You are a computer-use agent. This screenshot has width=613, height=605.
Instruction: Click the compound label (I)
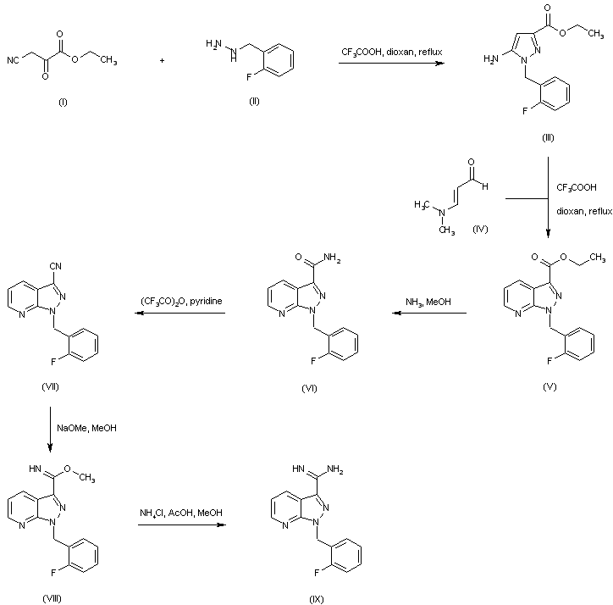pos(63,103)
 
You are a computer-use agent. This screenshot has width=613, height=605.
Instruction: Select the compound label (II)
pos(254,102)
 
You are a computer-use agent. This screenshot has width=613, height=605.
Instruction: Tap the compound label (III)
pos(548,138)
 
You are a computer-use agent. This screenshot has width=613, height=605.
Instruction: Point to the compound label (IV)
pos(480,229)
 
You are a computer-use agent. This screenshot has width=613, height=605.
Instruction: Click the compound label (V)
pos(549,387)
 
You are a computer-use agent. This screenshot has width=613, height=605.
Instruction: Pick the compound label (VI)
pos(309,389)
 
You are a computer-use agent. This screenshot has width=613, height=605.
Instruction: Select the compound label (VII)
pos(50,387)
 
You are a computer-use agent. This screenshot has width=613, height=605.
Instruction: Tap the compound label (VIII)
pos(52,599)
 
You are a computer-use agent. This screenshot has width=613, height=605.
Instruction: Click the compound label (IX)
pos(317,600)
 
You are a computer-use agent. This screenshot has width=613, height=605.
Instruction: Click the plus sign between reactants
pos(162,61)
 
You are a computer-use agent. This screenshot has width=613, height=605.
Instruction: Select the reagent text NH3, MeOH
pos(428,302)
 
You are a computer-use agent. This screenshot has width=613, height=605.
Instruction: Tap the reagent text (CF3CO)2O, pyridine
pos(181,302)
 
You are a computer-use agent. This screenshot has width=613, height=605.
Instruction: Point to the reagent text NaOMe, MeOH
pos(87,428)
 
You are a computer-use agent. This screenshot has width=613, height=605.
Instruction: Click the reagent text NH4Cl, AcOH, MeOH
pos(181,513)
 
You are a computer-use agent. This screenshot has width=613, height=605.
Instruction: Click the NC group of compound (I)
pos(13,61)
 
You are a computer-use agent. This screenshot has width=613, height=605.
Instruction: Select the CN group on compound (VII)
pos(56,266)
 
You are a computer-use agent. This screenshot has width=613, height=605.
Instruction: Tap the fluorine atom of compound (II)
pos(249,77)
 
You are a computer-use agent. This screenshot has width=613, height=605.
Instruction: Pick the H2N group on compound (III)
pos(491,59)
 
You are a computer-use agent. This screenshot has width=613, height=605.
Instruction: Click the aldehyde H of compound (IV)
pos(485,186)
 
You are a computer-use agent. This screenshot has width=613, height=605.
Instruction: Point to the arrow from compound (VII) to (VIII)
pos(50,430)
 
